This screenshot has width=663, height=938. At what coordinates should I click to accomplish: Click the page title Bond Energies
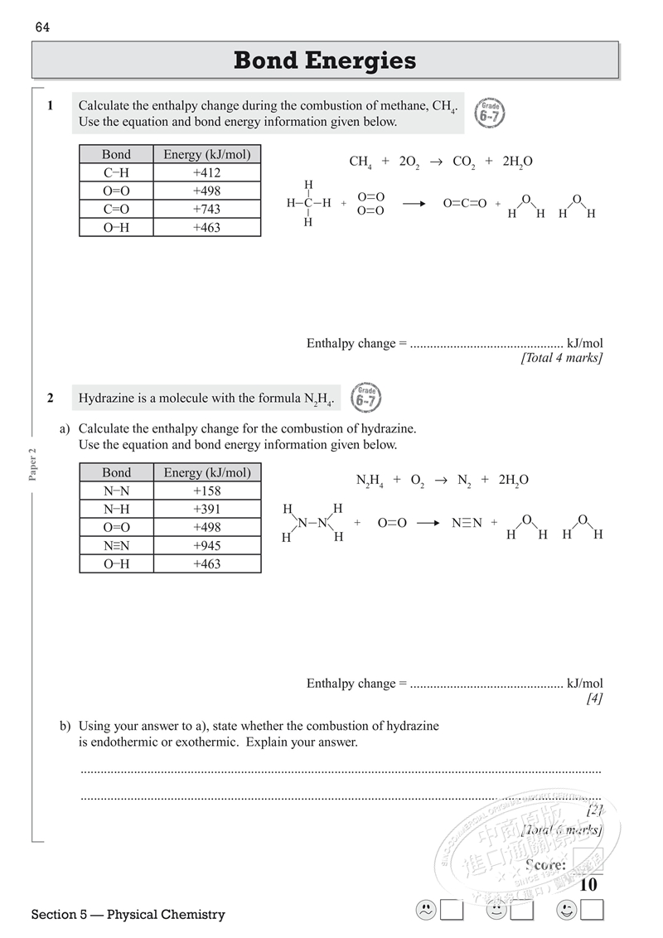click(x=325, y=60)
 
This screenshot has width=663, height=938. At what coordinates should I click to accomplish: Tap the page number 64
click(x=43, y=27)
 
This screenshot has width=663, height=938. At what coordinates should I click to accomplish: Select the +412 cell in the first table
click(x=206, y=173)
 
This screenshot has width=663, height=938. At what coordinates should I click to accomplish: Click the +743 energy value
click(x=206, y=210)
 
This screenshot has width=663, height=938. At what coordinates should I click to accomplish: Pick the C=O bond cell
click(x=116, y=210)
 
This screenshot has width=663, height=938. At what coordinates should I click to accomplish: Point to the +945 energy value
click(x=206, y=546)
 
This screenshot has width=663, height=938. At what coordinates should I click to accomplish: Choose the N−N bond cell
click(x=116, y=491)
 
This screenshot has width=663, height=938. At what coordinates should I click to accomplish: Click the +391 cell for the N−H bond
click(x=206, y=510)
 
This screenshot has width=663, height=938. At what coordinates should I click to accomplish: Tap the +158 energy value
click(x=206, y=491)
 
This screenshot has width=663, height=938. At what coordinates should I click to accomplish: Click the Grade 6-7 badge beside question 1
click(x=491, y=113)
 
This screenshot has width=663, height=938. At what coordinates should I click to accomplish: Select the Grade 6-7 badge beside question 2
click(x=366, y=399)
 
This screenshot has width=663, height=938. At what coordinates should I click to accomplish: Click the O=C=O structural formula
click(x=465, y=203)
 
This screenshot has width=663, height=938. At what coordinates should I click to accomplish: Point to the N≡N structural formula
click(x=467, y=523)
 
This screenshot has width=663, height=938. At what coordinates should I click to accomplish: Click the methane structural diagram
click(x=308, y=203)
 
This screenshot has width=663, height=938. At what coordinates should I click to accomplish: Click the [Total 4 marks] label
click(x=561, y=358)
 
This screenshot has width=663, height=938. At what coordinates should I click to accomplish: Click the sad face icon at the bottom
click(x=424, y=910)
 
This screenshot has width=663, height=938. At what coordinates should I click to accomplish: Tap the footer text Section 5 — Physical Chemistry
click(x=128, y=915)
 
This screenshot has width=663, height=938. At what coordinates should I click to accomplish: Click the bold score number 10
click(x=588, y=885)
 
